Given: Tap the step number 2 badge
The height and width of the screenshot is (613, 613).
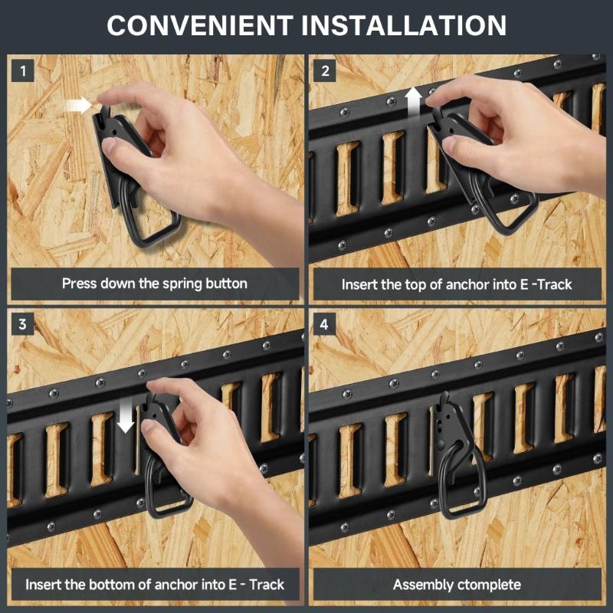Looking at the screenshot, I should (326, 71).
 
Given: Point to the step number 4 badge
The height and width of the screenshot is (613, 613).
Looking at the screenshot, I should (326, 324).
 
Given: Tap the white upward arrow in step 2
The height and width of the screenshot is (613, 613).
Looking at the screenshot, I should (414, 100).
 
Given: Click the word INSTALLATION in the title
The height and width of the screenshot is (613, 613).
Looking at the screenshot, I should (405, 25).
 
